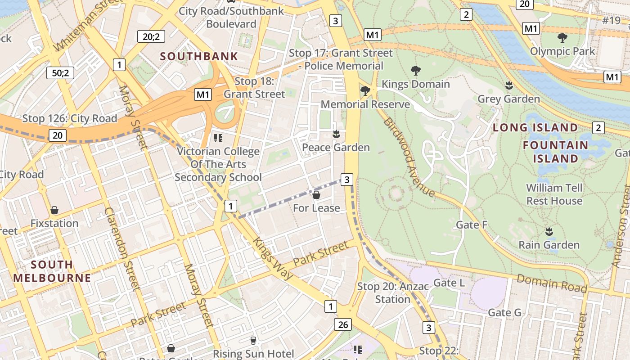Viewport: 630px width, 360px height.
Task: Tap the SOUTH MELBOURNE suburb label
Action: [52, 271]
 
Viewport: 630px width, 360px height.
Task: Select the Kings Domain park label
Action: [415, 84]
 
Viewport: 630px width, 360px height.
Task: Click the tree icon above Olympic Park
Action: [562, 38]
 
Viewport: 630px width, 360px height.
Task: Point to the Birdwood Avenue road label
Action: [409, 157]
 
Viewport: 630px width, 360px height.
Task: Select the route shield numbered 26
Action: [343, 324]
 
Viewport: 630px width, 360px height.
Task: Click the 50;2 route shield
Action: [60, 72]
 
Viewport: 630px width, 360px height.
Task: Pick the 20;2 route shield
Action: [151, 36]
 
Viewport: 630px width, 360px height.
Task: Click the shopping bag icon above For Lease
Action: [316, 195]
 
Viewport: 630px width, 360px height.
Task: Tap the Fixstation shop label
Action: [54, 223]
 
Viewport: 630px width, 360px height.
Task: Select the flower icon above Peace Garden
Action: [336, 134]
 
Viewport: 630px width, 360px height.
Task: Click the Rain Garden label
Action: [549, 245]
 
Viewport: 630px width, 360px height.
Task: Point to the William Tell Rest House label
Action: [554, 194]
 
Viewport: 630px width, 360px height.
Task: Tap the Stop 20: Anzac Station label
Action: [392, 292]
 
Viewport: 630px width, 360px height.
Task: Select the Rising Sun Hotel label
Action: [253, 354]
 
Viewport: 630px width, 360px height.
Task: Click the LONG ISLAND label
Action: [535, 127]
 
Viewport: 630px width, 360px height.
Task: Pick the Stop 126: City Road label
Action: [70, 119]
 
